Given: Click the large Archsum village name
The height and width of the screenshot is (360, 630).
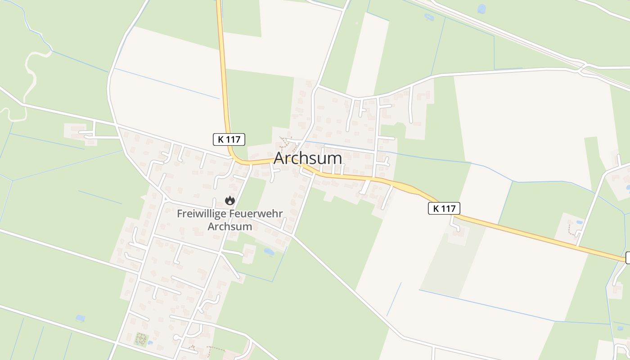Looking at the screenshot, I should point(308,158).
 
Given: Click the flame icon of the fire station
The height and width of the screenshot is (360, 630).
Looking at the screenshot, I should point(230,200).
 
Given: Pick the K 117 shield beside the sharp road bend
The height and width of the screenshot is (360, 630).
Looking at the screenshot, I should point(229,139).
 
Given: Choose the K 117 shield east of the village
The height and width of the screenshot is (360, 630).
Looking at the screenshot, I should point(444,208).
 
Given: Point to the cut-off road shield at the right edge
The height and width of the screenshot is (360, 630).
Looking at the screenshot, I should point(628,258).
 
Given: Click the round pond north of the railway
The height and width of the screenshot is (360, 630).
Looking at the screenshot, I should point(481,9).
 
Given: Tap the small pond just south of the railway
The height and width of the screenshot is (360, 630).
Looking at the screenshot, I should point(428,17).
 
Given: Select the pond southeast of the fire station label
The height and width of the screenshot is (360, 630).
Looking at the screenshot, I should point(269,252).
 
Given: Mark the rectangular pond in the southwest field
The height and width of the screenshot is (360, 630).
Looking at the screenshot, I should point(80,318).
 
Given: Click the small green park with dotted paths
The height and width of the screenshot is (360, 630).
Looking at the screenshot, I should point(141,339).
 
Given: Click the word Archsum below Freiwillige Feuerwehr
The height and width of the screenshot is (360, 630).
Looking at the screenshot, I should point(229,226).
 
